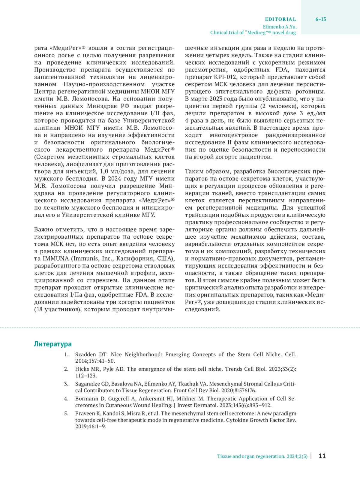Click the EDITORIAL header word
pos(280,19)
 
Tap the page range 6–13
pos(321,19)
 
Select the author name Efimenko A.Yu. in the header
pos(280,26)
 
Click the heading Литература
pos(52,344)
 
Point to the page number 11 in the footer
pos(322,456)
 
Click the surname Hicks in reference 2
pos(82,369)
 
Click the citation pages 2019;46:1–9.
pos(90,426)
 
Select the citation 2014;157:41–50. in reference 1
pos(95,361)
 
